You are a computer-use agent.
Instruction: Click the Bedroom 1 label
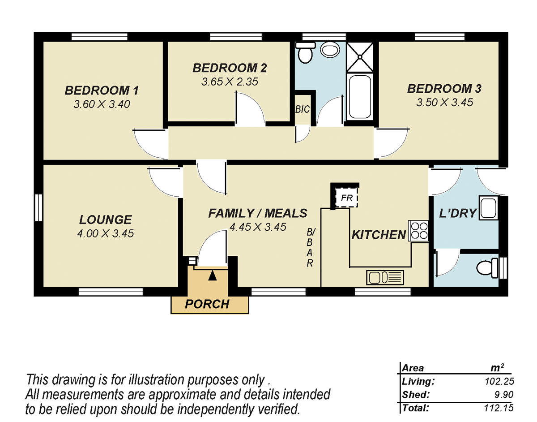[102, 90]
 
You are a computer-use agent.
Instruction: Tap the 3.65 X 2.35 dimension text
[230, 82]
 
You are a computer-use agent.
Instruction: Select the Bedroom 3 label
[444, 89]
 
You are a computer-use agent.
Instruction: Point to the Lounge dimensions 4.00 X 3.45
[105, 233]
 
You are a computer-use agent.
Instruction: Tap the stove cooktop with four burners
[418, 231]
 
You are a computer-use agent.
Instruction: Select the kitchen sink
[385, 277]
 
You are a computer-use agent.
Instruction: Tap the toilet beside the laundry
[486, 268]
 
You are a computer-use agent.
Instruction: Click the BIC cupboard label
[302, 109]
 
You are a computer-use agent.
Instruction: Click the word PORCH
[207, 304]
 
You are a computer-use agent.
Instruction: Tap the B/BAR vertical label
[310, 248]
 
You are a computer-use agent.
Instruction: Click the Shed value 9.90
[503, 395]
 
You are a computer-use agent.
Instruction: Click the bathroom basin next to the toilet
[331, 49]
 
